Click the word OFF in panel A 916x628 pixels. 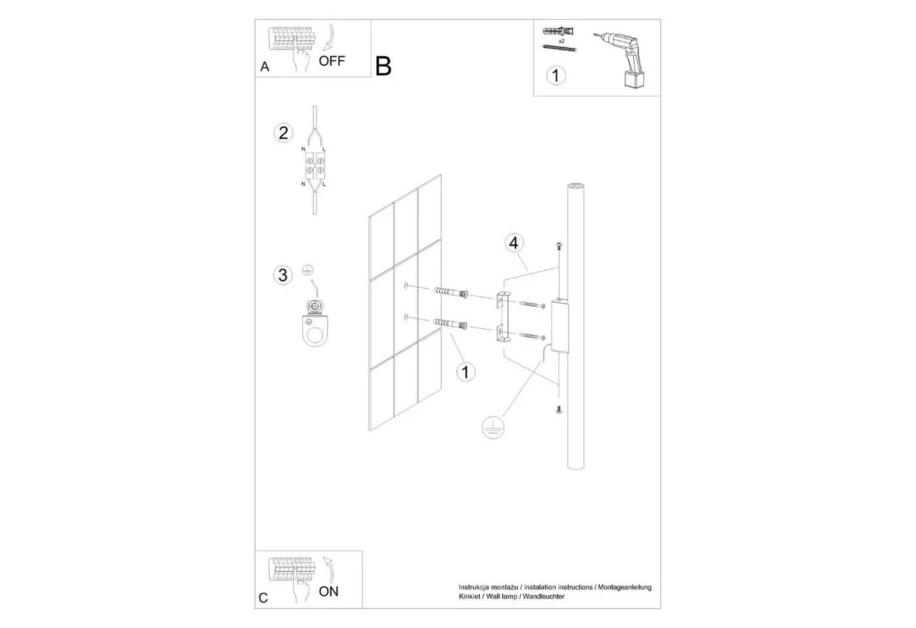(332, 61)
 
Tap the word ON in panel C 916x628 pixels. (328, 591)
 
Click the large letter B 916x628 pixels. (383, 66)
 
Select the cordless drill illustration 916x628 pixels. (621, 60)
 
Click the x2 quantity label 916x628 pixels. (561, 41)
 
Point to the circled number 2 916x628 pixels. (283, 133)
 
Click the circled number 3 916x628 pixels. (283, 275)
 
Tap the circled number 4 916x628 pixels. (514, 243)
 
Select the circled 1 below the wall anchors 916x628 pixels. (465, 372)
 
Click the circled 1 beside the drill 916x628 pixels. (555, 75)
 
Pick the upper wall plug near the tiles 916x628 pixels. (451, 292)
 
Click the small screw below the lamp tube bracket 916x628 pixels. (559, 409)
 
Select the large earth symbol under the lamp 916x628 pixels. (493, 427)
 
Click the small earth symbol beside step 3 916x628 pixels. (308, 270)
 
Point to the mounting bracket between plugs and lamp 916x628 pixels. (503, 316)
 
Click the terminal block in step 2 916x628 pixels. (315, 165)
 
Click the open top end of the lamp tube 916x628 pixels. (575, 186)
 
